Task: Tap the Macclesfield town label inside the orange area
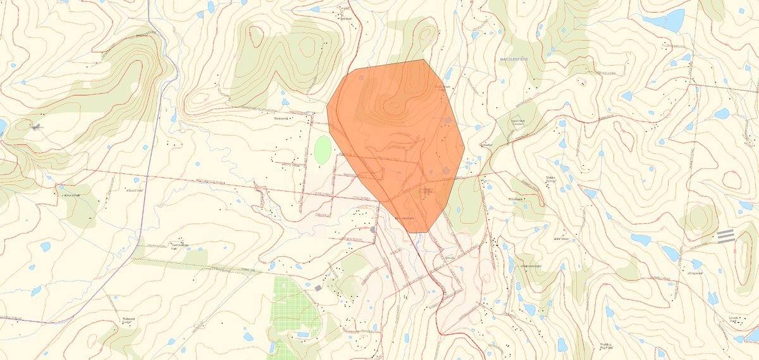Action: pyautogui.click(x=404, y=218)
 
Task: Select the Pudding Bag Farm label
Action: pyautogui.click(x=609, y=345)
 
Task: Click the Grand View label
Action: pyautogui.click(x=137, y=190)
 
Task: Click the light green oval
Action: pyautogui.click(x=323, y=150)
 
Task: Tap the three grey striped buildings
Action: pyautogui.click(x=725, y=236)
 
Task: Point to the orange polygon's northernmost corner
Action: pyautogui.click(x=423, y=60)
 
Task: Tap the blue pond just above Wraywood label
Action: pyautogui.click(x=696, y=263)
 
